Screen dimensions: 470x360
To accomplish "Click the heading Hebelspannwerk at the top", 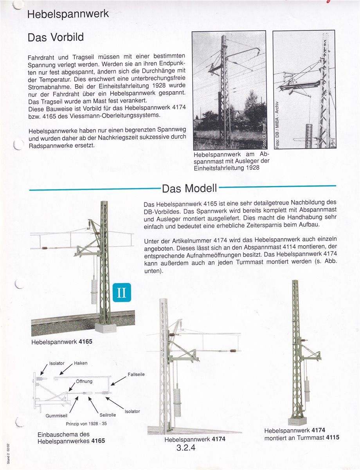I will click(x=68, y=14).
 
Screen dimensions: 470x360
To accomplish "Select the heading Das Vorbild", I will click(x=56, y=38).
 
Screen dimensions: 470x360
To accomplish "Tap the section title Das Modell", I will click(x=189, y=188).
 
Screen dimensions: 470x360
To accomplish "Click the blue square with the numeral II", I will click(x=121, y=292).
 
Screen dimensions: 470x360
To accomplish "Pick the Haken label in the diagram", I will click(x=81, y=363).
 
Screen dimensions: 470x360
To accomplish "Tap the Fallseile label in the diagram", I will click(x=136, y=374).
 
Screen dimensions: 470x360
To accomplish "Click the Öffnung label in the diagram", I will click(x=84, y=381).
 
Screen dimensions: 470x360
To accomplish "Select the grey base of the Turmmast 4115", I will click(x=297, y=421).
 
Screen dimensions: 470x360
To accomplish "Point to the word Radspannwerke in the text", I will click(x=50, y=145).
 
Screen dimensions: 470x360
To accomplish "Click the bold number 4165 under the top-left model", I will click(x=85, y=342).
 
